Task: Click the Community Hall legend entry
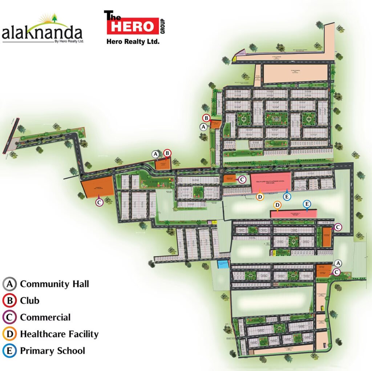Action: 54,284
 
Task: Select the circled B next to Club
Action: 9,301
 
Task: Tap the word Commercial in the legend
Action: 45,317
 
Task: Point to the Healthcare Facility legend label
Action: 59,334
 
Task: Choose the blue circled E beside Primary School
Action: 9,351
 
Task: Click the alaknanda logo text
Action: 42,34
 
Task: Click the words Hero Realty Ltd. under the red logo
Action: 133,42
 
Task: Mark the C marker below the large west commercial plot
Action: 100,202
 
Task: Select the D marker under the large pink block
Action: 260,197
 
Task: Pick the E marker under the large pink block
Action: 287,197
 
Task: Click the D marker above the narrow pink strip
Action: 277,205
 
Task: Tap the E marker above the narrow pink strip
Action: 307,204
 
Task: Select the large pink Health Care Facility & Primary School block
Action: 271,183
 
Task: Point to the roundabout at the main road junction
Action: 221,170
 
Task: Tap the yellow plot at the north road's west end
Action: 235,57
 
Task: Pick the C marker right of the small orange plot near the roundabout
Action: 242,179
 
